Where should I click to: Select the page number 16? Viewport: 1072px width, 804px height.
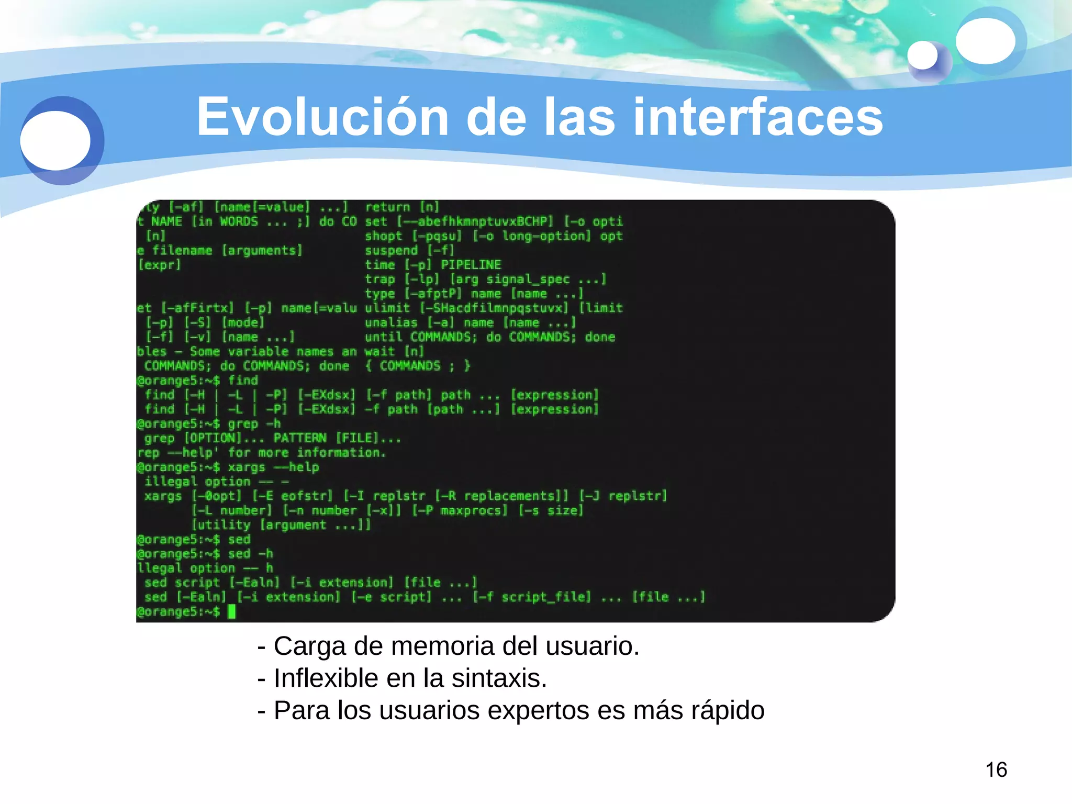tap(996, 769)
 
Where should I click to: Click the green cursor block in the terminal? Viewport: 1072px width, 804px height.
tap(232, 611)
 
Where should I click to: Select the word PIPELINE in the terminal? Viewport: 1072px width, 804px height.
tap(471, 265)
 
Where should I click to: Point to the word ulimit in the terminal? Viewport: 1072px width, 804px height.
tap(387, 308)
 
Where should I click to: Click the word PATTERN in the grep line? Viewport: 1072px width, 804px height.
tap(300, 438)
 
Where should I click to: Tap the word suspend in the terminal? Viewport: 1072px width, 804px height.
tap(391, 250)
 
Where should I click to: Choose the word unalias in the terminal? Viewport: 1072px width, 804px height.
tap(391, 322)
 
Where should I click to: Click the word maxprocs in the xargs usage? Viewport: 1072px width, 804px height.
tap(474, 510)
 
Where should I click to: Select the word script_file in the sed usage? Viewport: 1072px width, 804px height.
tap(546, 597)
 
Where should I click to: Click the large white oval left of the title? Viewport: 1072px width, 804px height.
tap(55, 140)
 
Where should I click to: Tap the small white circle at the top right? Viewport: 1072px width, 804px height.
tap(922, 55)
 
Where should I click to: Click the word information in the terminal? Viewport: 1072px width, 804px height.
tap(341, 452)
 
